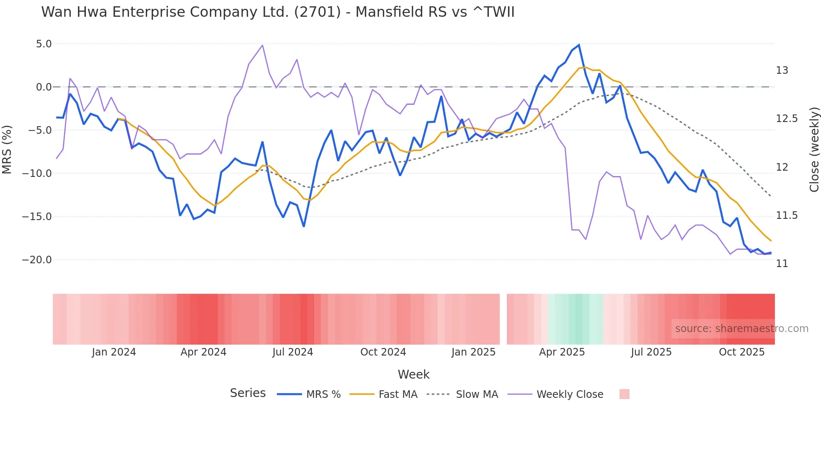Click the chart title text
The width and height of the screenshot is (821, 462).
pyautogui.click(x=278, y=12)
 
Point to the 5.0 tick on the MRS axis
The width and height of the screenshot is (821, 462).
pyautogui.click(x=44, y=44)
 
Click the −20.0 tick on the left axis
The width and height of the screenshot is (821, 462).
pyautogui.click(x=37, y=260)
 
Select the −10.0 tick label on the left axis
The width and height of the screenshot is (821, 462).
pyautogui.click(x=37, y=174)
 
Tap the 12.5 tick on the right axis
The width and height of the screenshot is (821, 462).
pyautogui.click(x=787, y=119)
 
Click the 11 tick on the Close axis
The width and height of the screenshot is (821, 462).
pyautogui.click(x=782, y=264)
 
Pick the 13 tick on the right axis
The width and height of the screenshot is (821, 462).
pyautogui.click(x=782, y=70)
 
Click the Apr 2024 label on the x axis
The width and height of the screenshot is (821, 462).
pyautogui.click(x=203, y=352)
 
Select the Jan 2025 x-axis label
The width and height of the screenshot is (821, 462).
pyautogui.click(x=473, y=352)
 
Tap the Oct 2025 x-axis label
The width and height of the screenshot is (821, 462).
pyautogui.click(x=741, y=352)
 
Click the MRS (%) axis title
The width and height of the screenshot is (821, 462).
pyautogui.click(x=7, y=150)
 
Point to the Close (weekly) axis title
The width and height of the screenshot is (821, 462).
pyautogui.click(x=814, y=150)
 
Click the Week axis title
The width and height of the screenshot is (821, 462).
pyautogui.click(x=413, y=374)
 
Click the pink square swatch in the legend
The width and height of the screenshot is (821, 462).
pyautogui.click(x=624, y=395)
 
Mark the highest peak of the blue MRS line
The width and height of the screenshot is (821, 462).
pyautogui.click(x=579, y=45)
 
